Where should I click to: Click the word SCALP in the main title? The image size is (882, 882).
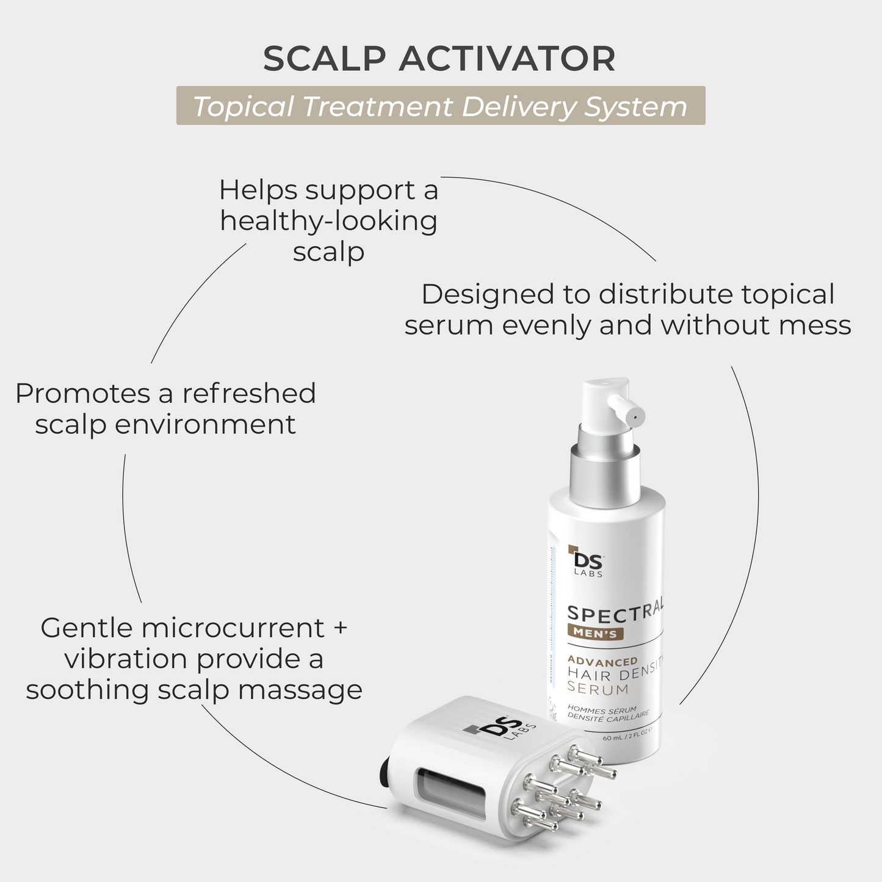(325, 59)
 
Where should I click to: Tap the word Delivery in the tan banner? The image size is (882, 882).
(518, 106)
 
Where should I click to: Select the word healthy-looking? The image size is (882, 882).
(328, 222)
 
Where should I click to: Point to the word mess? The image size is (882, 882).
(816, 325)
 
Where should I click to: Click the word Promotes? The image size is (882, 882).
(83, 394)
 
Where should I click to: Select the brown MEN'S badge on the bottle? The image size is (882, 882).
(595, 633)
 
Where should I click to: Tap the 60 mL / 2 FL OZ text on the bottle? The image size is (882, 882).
(627, 736)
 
